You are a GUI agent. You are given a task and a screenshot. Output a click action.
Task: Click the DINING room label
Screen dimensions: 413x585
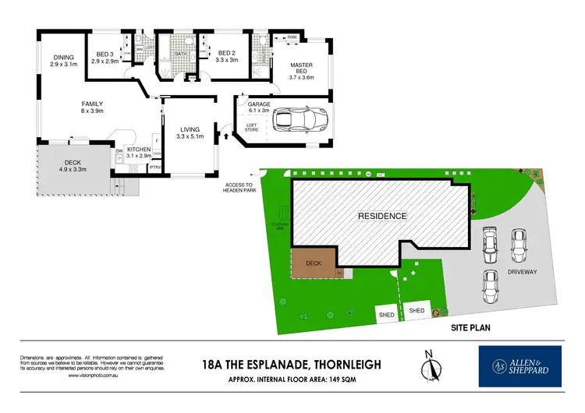click(63, 57)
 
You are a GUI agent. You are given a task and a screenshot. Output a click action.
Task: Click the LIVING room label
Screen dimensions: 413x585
click(190, 130)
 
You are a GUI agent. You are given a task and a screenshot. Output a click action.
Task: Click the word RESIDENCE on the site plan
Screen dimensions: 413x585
click(382, 216)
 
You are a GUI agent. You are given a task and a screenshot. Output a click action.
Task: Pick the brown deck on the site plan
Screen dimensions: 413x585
click(314, 263)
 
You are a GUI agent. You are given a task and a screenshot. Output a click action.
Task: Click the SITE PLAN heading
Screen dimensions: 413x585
click(472, 330)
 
